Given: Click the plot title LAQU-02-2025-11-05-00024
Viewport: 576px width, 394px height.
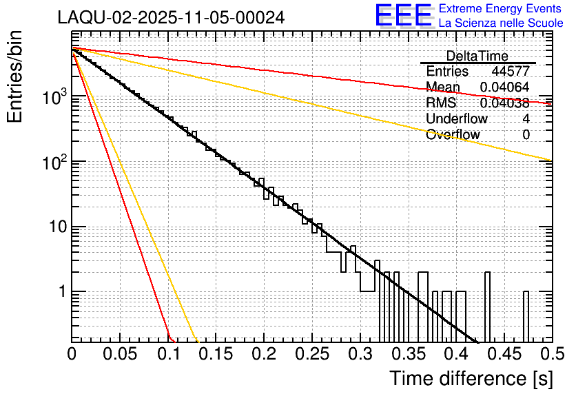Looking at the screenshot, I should [171, 18].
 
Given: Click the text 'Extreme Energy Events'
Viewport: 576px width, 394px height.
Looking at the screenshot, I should [501, 9].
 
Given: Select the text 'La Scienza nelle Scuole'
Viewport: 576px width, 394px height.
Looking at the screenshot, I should [501, 23].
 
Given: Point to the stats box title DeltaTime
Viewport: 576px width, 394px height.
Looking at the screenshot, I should [477, 56].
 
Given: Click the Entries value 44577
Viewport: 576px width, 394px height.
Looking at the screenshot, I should [511, 72].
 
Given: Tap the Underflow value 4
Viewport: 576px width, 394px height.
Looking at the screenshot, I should [526, 118].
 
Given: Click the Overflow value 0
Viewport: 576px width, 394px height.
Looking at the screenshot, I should [526, 135].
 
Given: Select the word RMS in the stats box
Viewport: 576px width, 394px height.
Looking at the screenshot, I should [441, 103].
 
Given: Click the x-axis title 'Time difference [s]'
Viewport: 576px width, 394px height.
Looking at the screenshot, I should [470, 378].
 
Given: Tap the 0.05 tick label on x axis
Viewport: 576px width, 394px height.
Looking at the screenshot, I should [120, 355].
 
